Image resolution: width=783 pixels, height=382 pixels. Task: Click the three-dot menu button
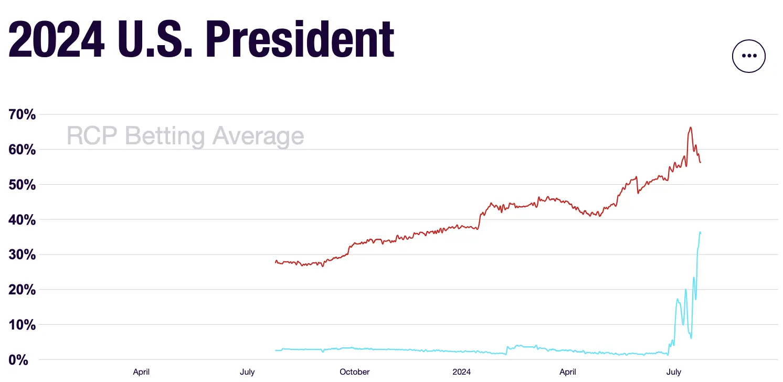pos(748,56)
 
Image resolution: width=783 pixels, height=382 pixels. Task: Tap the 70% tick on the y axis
pos(22,114)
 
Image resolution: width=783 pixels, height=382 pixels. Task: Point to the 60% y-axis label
pos(22,150)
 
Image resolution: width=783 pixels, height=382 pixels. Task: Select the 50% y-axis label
pos(22,185)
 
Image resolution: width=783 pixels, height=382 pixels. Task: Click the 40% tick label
pos(22,220)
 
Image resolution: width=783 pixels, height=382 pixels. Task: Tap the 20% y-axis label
pos(22,290)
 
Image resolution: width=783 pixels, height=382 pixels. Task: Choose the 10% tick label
pos(22,325)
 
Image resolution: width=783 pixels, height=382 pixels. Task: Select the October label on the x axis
pos(354,372)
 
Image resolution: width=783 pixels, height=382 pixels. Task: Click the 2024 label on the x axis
pos(461,372)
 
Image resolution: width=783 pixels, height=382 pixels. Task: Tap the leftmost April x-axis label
pos(141,372)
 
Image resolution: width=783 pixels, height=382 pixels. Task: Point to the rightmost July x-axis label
pos(674,372)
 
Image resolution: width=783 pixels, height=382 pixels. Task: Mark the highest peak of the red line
pos(690,128)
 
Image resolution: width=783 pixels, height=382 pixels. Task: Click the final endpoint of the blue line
pos(700,232)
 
